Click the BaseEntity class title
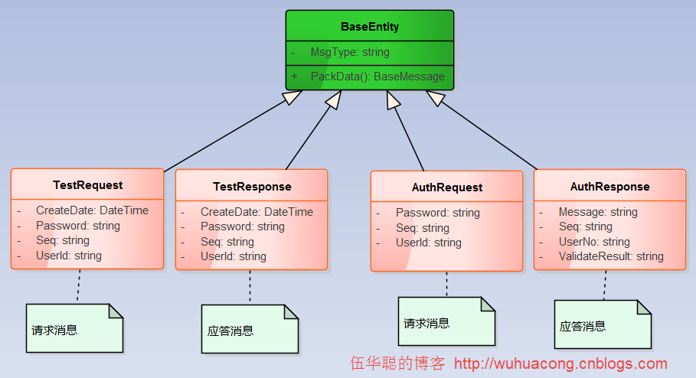pyautogui.click(x=369, y=28)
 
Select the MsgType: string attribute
pyautogui.click(x=349, y=53)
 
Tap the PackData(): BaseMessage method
pyautogui.click(x=377, y=77)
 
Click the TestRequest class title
pyautogui.click(x=87, y=185)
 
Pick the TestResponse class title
pyautogui.click(x=252, y=187)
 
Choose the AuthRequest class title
pyautogui.click(x=447, y=187)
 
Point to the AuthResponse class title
pyautogui.click(x=609, y=187)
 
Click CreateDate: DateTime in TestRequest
pyautogui.click(x=92, y=210)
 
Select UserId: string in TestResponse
pyautogui.click(x=233, y=256)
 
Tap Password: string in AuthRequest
pyautogui.click(x=437, y=213)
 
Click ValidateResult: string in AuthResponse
pyautogui.click(x=610, y=256)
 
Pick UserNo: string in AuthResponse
pyautogui.click(x=593, y=242)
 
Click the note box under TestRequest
pyautogui.click(x=74, y=329)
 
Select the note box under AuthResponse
pyautogui.click(x=603, y=324)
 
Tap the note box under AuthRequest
pyautogui.click(x=446, y=321)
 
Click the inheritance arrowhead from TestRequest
pyautogui.click(x=292, y=97)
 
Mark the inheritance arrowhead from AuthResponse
pyautogui.click(x=435, y=97)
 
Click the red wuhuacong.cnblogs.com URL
pyautogui.click(x=560, y=364)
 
